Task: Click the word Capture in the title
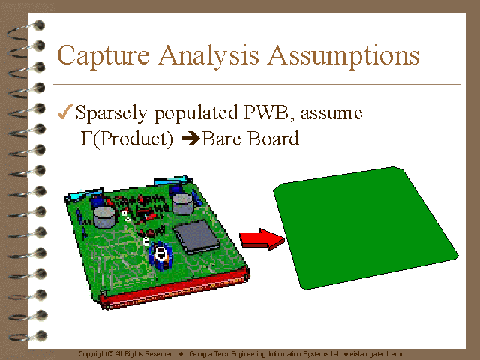(103, 55)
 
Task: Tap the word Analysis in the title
(208, 55)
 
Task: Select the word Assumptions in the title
(343, 55)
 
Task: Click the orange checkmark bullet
(65, 112)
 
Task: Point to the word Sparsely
(112, 113)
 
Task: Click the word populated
(196, 113)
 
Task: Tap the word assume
(331, 114)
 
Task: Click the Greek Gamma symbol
(87, 138)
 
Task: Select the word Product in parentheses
(133, 139)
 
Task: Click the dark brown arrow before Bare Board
(190, 139)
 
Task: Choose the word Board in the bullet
(273, 139)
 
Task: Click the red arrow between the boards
(262, 239)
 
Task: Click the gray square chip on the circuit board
(196, 237)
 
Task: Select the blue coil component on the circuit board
(160, 256)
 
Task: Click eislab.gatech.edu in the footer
(376, 354)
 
